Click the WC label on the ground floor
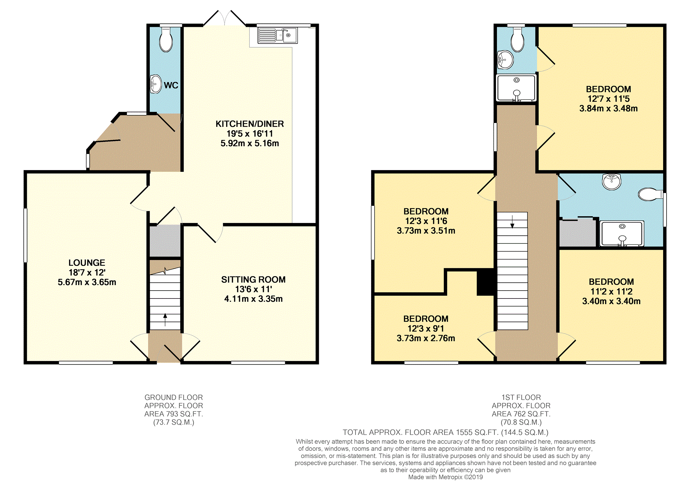(x=171, y=85)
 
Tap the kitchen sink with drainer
(x=278, y=35)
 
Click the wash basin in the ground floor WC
(x=156, y=84)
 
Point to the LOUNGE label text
(x=87, y=263)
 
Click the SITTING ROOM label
(x=253, y=280)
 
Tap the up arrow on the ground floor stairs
(x=165, y=319)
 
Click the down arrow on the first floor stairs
(x=512, y=222)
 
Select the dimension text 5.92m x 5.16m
(x=250, y=143)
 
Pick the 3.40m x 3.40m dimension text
(x=611, y=301)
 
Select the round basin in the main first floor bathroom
(x=612, y=181)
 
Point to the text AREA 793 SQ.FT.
(x=174, y=414)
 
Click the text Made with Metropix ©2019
(x=445, y=477)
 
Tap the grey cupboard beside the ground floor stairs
(x=165, y=240)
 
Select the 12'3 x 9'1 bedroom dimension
(x=426, y=329)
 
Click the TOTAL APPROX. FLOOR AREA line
(x=445, y=433)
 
